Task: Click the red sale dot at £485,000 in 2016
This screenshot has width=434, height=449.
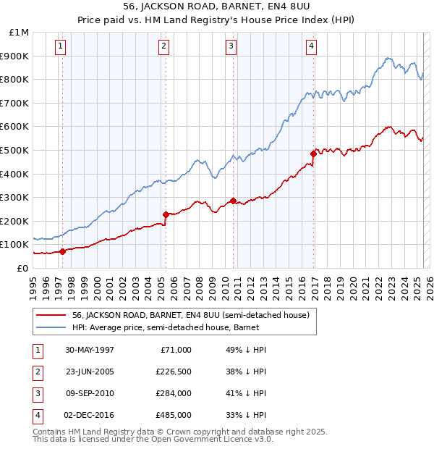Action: click(313, 154)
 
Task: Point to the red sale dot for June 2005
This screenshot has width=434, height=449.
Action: click(166, 214)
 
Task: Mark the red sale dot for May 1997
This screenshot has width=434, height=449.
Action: click(62, 251)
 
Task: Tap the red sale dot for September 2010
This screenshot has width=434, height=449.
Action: click(233, 201)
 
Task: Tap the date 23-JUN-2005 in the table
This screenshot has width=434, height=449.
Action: click(90, 372)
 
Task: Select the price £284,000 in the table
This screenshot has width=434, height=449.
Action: click(173, 393)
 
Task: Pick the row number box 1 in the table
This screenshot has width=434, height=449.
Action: click(36, 350)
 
